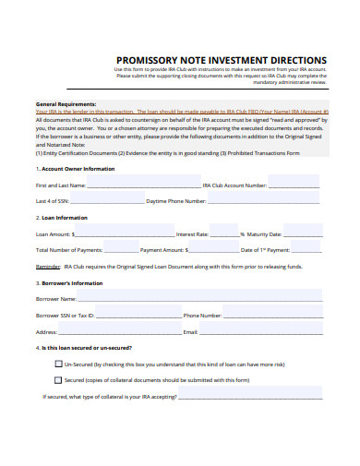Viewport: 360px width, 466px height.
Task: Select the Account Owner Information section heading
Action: [76, 169]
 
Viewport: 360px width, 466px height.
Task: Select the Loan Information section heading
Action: [62, 218]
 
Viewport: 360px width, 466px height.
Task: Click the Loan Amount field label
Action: [53, 234]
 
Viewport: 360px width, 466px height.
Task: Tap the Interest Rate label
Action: [192, 234]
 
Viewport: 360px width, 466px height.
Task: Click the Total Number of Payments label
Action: [68, 249]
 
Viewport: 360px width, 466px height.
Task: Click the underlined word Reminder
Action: [49, 266]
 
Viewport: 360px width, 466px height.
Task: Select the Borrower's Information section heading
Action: [69, 283]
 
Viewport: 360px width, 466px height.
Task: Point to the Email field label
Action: [191, 330]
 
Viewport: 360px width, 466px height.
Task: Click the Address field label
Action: [47, 330]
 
